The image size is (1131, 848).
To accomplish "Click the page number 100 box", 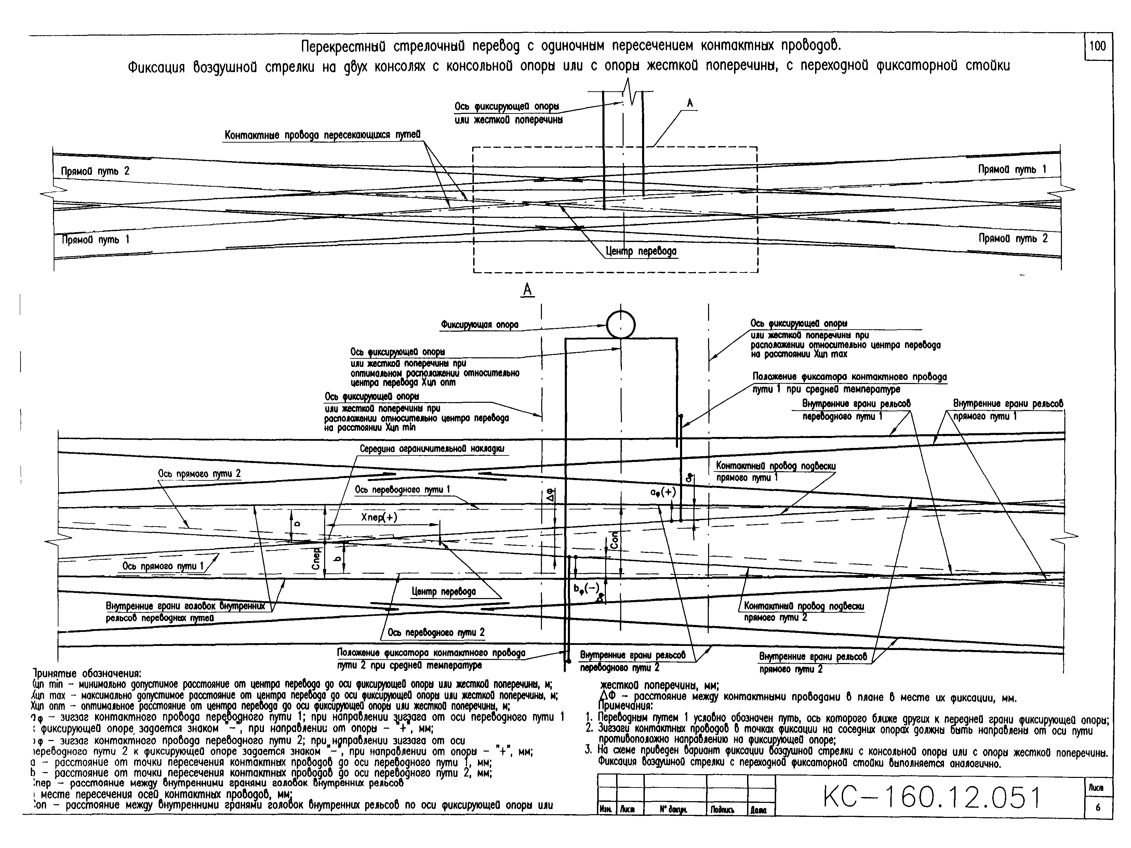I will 1097,47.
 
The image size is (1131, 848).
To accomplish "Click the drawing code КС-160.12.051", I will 932,797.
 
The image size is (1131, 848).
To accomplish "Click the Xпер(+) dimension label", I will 379,517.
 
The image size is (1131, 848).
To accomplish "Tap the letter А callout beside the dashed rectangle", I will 689,103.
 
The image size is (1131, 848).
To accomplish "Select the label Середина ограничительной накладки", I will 432,449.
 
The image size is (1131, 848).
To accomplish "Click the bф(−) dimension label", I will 586,589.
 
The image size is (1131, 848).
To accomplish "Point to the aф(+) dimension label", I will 663,492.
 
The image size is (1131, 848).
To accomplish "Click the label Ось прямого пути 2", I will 199,474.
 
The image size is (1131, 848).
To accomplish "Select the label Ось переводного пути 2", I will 436,633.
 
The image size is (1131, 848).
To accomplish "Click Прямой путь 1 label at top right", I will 1012,169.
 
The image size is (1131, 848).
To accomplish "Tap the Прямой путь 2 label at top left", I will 95,171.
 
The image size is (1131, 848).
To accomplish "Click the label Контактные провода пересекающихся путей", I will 322,135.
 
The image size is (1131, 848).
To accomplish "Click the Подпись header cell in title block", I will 722,810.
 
